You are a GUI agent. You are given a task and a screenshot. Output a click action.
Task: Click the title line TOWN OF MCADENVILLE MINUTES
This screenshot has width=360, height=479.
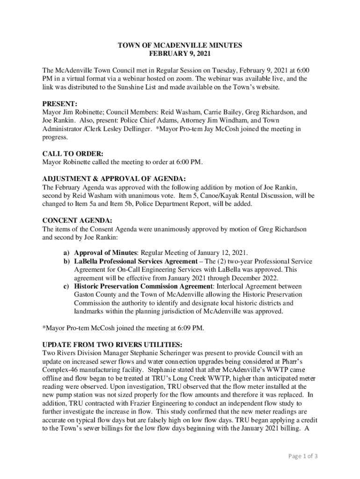coord(180,46)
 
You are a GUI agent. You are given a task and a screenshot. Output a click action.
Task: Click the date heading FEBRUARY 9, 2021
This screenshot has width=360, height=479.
coord(180,54)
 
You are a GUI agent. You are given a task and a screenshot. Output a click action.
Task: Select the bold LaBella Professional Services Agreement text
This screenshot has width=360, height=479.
coord(136,261)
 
